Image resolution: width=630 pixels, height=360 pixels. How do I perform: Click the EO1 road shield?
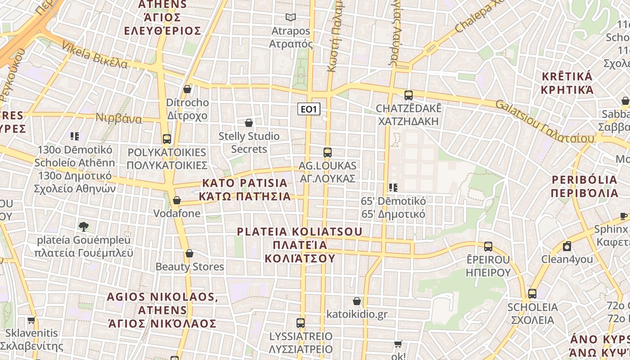(x=309, y=109)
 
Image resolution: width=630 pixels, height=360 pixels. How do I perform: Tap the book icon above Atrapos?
(x=291, y=18)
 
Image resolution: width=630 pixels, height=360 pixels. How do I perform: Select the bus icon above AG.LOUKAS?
(x=328, y=152)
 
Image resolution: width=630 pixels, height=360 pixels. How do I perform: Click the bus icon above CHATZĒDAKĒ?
(x=409, y=95)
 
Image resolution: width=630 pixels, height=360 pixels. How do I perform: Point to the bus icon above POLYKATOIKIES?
(x=167, y=139)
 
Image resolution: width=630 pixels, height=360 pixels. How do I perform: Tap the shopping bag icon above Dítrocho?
(x=187, y=89)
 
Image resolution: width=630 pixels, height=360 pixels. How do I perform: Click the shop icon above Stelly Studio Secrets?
(x=248, y=122)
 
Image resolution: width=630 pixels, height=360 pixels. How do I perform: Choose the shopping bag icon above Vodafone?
(x=177, y=200)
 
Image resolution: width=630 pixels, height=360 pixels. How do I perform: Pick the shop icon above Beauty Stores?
(x=189, y=253)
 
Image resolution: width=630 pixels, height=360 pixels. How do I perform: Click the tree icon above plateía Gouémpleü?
(x=83, y=226)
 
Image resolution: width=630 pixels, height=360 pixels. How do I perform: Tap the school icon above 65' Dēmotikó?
(x=393, y=187)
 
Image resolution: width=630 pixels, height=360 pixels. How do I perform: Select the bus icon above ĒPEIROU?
(x=488, y=246)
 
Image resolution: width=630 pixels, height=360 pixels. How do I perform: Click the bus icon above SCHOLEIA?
(x=532, y=294)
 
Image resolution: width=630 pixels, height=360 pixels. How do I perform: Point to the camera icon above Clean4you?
(x=567, y=246)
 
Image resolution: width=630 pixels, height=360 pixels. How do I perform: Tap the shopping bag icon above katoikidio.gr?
(x=357, y=301)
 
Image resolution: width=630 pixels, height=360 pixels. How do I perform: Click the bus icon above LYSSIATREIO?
(x=301, y=323)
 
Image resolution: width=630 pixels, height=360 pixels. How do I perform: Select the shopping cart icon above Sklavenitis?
(x=31, y=320)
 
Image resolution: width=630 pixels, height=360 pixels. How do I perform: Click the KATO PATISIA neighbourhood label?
(x=245, y=189)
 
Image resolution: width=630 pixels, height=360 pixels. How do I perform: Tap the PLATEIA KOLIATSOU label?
(x=300, y=245)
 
